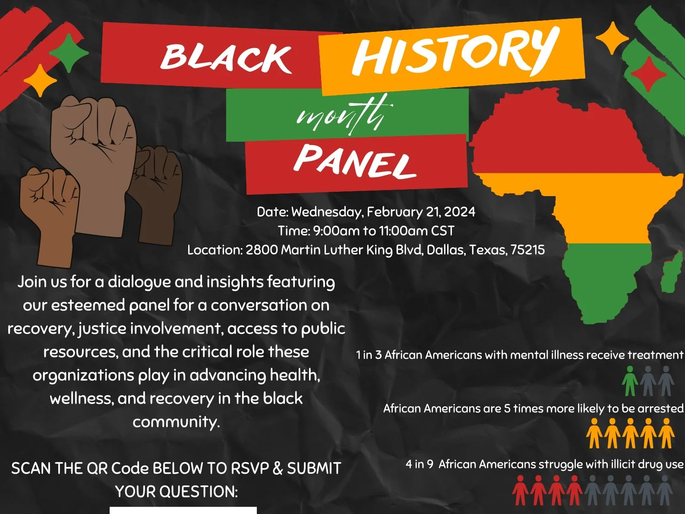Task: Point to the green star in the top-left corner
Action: pyautogui.click(x=69, y=53)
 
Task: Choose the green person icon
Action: pyautogui.click(x=630, y=381)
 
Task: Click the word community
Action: pyautogui.click(x=176, y=422)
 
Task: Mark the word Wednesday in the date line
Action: pyautogui.click(x=327, y=212)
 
